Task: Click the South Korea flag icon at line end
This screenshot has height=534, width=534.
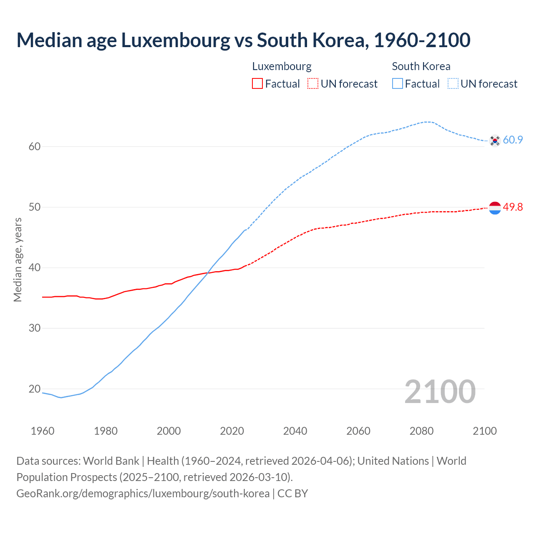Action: pyautogui.click(x=495, y=141)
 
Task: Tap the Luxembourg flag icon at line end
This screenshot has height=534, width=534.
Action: pyautogui.click(x=495, y=207)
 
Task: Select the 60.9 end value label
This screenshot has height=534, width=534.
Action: pyautogui.click(x=513, y=140)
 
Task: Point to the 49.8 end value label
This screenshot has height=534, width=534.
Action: pyautogui.click(x=513, y=207)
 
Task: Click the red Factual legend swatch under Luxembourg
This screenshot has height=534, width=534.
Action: pyautogui.click(x=257, y=84)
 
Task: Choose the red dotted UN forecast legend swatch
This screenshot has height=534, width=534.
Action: pyautogui.click(x=313, y=84)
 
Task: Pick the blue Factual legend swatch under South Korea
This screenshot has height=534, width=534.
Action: pyautogui.click(x=398, y=84)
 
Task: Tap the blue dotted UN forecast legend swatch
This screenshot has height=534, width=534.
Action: pyautogui.click(x=453, y=84)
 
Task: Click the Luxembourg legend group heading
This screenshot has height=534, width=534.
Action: pyautogui.click(x=282, y=66)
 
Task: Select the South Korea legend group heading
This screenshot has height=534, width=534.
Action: pyautogui.click(x=421, y=66)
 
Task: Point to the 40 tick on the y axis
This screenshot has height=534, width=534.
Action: pyautogui.click(x=35, y=267)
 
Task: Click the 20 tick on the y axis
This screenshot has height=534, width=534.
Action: pyautogui.click(x=35, y=389)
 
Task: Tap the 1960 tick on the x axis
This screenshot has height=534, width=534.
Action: pyautogui.click(x=43, y=431)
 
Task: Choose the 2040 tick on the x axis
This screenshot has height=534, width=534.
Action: pyautogui.click(x=295, y=431)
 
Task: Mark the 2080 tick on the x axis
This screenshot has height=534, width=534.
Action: pyautogui.click(x=421, y=431)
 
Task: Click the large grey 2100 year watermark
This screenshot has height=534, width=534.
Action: pyautogui.click(x=440, y=391)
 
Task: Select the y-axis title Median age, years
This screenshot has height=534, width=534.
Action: pyautogui.click(x=18, y=259)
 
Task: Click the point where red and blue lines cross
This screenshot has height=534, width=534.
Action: pyautogui.click(x=208, y=273)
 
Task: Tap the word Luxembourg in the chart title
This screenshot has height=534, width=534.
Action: pyautogui.click(x=175, y=40)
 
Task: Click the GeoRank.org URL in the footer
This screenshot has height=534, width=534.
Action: pyautogui.click(x=143, y=494)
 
